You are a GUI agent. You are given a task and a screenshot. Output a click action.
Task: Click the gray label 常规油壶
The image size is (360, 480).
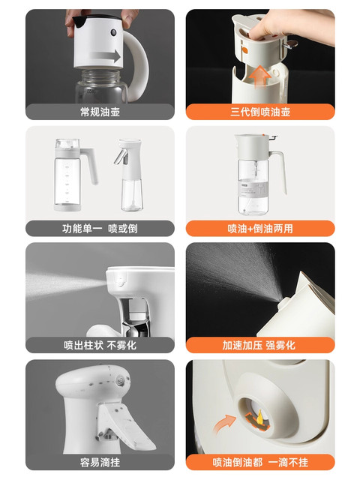pyautogui.click(x=100, y=112)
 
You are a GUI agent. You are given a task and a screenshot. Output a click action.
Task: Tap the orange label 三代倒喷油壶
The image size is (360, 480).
pyautogui.click(x=259, y=112)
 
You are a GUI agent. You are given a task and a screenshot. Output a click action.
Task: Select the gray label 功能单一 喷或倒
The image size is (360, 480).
pyautogui.click(x=100, y=229)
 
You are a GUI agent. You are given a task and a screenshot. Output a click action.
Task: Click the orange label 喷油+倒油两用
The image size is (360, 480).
pyautogui.click(x=259, y=229)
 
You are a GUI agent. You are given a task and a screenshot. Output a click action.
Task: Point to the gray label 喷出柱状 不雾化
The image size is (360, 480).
pyautogui.click(x=100, y=345)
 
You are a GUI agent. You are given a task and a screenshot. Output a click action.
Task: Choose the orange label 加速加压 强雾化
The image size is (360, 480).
pyautogui.click(x=259, y=345)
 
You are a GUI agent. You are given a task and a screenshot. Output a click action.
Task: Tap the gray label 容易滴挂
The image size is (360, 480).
pyautogui.click(x=100, y=462)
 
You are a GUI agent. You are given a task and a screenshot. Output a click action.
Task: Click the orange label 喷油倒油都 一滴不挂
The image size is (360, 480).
pyautogui.click(x=259, y=462)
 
